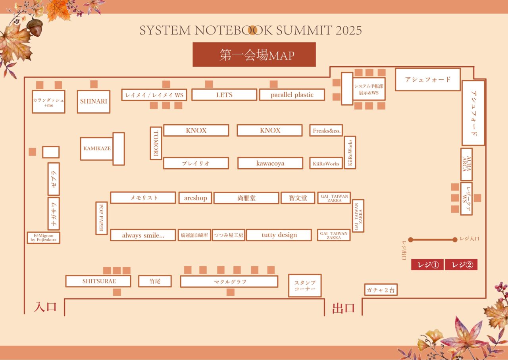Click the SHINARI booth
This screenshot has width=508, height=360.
tap(94, 101)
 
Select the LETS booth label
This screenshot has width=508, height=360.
tap(224, 95)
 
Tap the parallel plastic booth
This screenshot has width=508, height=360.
tap(292, 95)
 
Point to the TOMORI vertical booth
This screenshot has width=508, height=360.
tap(156, 143)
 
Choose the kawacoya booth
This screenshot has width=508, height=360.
tap(270, 163)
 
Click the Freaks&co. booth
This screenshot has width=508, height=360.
tap(326, 130)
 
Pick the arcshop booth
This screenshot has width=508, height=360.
tap(195, 198)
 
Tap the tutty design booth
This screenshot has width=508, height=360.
tap(279, 235)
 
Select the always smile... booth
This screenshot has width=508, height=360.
tap(143, 235)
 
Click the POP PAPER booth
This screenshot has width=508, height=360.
tap(102, 218)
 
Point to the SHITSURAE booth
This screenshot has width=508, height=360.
tap(98, 281)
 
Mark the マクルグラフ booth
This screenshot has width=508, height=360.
tap(229, 281)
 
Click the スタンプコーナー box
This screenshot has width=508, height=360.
tap(305, 285)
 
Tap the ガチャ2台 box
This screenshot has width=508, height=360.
tap(381, 290)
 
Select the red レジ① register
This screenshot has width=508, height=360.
tap(427, 265)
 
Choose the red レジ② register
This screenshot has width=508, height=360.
tap(461, 265)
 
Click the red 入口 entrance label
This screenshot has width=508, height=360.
tap(45, 307)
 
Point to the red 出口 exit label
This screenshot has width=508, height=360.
tap(343, 308)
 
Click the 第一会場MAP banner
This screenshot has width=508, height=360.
tap(254, 54)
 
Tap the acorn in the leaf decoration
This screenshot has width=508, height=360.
tap(35, 28)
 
